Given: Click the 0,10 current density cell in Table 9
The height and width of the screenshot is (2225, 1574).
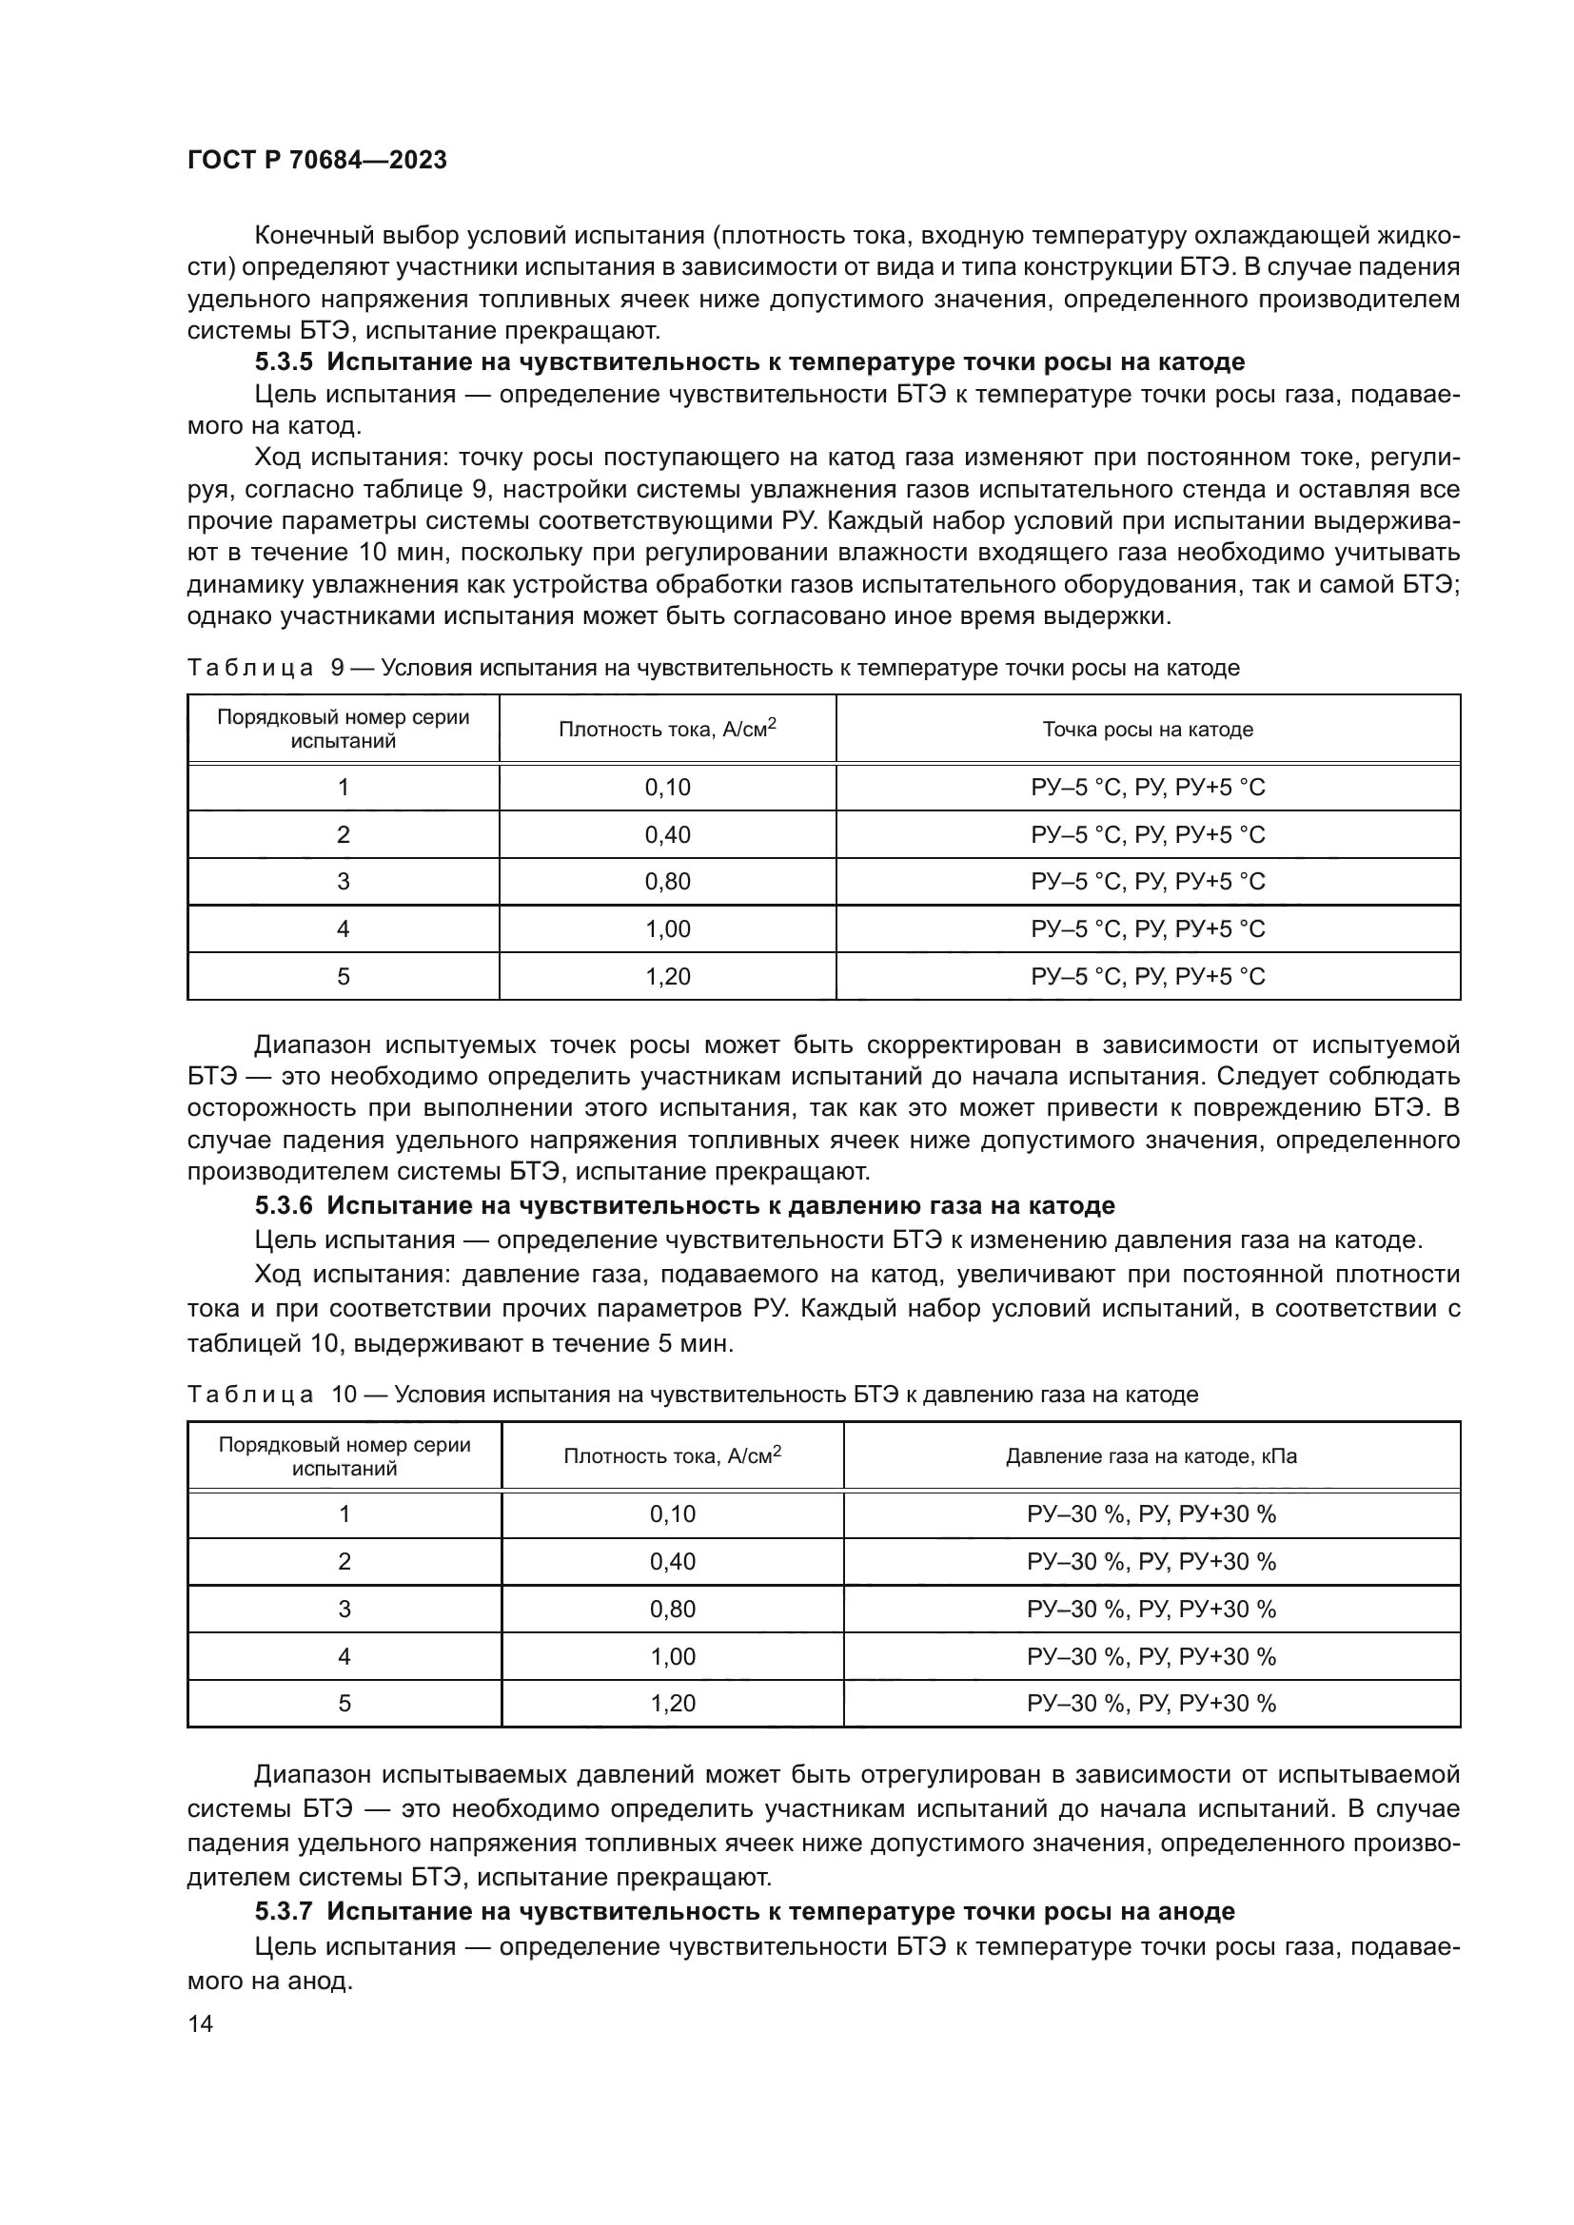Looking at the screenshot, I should tap(667, 787).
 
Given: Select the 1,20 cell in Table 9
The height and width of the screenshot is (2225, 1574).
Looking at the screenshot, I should tap(667, 976).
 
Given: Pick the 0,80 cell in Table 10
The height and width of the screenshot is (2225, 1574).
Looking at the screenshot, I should tap(673, 1609).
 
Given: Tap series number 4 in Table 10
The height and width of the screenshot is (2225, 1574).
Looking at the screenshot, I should tap(344, 1656).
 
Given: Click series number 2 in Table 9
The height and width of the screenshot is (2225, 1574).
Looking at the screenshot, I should tap(344, 834).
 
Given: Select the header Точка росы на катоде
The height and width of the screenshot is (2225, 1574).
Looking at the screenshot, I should tap(1148, 730).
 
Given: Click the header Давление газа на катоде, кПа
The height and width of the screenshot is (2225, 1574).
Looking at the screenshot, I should tap(1151, 1456).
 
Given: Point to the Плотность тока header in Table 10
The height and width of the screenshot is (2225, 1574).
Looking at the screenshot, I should tap(672, 1456).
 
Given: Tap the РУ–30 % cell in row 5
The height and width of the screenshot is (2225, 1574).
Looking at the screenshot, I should tap(1151, 1704).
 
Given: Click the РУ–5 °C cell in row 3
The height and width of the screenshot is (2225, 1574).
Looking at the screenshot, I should tap(1148, 881).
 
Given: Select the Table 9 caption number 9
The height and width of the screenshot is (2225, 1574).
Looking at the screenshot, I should tap(337, 668).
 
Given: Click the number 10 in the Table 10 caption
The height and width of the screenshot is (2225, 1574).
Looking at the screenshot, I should tap(344, 1395).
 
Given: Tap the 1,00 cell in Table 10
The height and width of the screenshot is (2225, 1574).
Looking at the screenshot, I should tap(673, 1656).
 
